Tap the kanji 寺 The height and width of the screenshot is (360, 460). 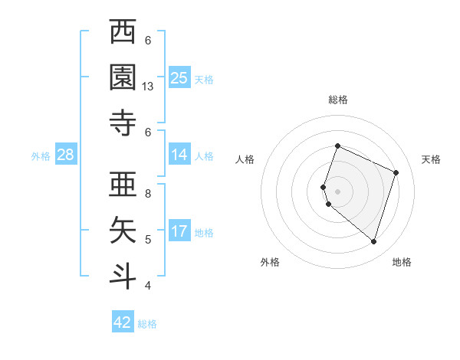pyautogui.click(x=123, y=121)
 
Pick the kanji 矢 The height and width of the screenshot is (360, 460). pyautogui.click(x=123, y=228)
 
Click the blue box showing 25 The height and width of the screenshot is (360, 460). pyautogui.click(x=179, y=77)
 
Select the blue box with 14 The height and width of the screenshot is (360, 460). pyautogui.click(x=179, y=155)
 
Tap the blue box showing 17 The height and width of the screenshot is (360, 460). pyautogui.click(x=179, y=231)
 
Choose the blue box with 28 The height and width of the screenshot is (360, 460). pyautogui.click(x=66, y=155)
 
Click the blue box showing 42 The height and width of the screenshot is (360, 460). pyautogui.click(x=123, y=322)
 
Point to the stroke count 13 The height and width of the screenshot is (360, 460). pyautogui.click(x=149, y=87)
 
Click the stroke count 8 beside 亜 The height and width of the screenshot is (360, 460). pyautogui.click(x=148, y=194)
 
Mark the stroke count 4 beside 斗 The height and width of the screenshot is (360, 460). pyautogui.click(x=148, y=286)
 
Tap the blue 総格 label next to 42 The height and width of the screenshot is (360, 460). pyautogui.click(x=148, y=324)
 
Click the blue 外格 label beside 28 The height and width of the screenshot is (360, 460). pyautogui.click(x=41, y=156)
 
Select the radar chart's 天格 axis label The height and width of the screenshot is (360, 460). pyautogui.click(x=431, y=159)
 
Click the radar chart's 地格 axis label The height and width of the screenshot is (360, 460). pyautogui.click(x=402, y=262)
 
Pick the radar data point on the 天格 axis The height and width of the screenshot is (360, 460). pyautogui.click(x=396, y=172)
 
